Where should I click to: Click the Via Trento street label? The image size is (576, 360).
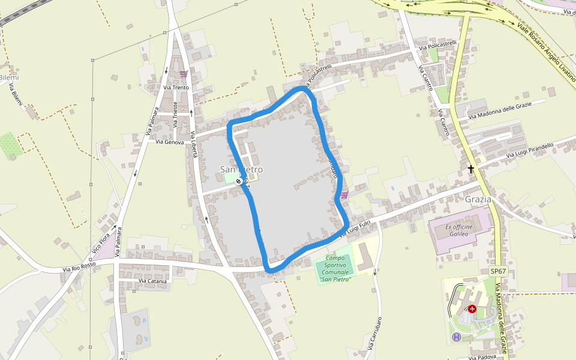pyautogui.click(x=176, y=88)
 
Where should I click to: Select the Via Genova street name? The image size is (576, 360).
pyautogui.click(x=169, y=142)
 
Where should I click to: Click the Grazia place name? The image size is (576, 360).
pyautogui.click(x=478, y=199)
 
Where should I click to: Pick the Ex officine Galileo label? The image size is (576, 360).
pyautogui.click(x=460, y=230)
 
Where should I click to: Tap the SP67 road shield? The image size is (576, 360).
pyautogui.click(x=498, y=272)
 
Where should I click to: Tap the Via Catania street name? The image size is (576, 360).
pyautogui.click(x=152, y=280)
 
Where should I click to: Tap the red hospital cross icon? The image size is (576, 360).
pyautogui.click(x=472, y=308)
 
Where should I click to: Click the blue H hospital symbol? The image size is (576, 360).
pyautogui.click(x=457, y=337)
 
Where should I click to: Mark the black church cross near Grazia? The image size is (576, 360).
pyautogui.click(x=471, y=170)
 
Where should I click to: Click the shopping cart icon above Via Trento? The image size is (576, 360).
pyautogui.click(x=184, y=74)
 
